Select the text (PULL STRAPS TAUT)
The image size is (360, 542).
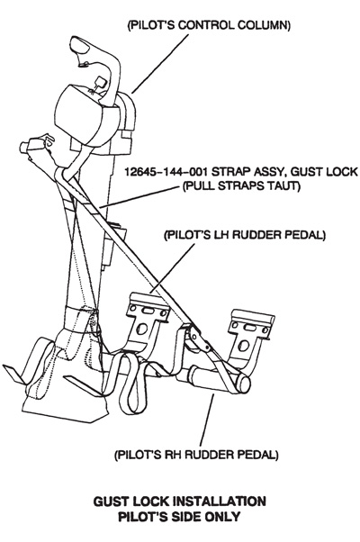241,186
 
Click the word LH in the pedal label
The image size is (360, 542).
223,235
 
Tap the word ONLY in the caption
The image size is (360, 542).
223,517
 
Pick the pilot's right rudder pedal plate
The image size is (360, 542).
252,324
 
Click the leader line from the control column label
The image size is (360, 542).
160,64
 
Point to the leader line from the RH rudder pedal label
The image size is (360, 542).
207,420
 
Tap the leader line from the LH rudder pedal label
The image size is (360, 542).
173,268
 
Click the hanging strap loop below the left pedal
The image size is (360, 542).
130,383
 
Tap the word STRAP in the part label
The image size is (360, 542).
229,172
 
